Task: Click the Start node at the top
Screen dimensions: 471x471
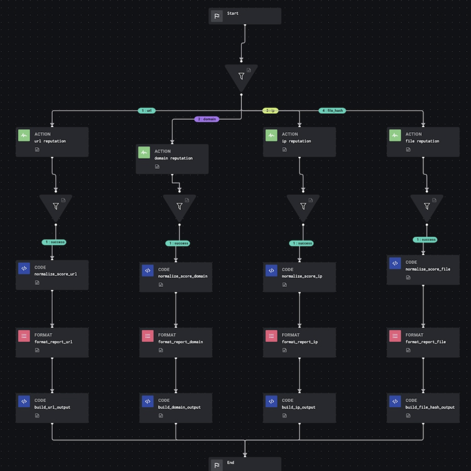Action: pyautogui.click(x=245, y=16)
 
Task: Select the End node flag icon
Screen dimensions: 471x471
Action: pyautogui.click(x=217, y=465)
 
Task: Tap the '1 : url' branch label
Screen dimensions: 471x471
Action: pyautogui.click(x=147, y=111)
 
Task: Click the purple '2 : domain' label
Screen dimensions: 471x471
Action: pyautogui.click(x=206, y=119)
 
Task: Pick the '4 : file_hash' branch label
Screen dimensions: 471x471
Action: pyautogui.click(x=332, y=111)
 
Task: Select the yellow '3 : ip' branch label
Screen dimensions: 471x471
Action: pyautogui.click(x=270, y=111)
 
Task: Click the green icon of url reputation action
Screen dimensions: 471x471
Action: pyautogui.click(x=24, y=135)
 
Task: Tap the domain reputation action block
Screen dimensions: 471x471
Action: pyautogui.click(x=172, y=159)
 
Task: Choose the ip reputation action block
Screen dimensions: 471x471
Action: pyautogui.click(x=299, y=142)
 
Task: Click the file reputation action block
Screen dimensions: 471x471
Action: pyautogui.click(x=423, y=142)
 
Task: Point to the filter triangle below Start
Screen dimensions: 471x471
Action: pyautogui.click(x=241, y=76)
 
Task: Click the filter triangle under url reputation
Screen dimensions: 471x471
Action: pyautogui.click(x=56, y=206)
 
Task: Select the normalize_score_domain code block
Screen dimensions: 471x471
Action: pyautogui.click(x=176, y=277)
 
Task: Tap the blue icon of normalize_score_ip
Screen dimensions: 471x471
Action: pyautogui.click(x=271, y=271)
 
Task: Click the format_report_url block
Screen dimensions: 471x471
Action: pyautogui.click(x=52, y=342)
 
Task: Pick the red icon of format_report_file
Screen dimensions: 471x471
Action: pyautogui.click(x=395, y=336)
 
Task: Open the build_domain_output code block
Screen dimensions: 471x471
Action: pyautogui.click(x=176, y=408)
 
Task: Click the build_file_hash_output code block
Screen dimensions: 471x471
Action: pyautogui.click(x=423, y=408)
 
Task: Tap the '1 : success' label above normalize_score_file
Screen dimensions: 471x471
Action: pyautogui.click(x=425, y=240)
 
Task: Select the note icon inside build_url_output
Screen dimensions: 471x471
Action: pyautogui.click(x=37, y=416)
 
